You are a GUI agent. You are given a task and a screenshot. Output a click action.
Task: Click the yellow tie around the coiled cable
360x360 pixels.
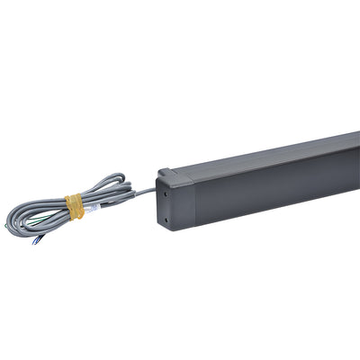(x=76, y=206)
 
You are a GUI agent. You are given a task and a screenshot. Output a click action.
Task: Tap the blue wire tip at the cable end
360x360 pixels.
(x=36, y=240)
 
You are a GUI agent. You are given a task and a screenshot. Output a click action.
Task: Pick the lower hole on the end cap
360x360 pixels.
(x=167, y=214)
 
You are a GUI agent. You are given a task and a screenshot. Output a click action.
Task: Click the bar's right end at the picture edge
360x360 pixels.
(x=356, y=166)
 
